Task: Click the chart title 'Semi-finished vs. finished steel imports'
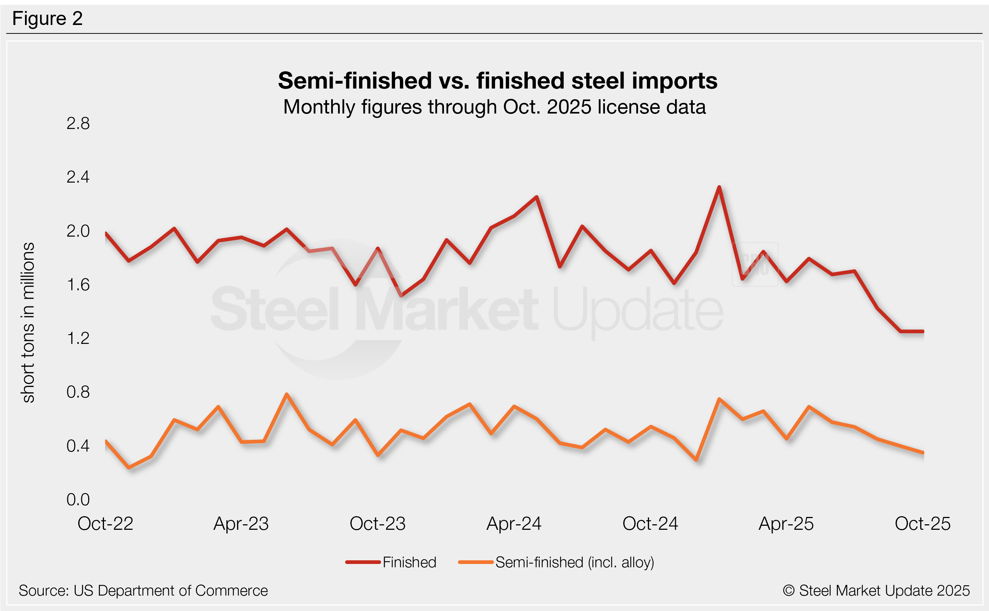498,80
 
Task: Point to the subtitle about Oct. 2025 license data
494,107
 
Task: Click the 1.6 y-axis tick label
78,285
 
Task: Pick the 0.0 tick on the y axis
78,499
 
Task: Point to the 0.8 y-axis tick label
78,392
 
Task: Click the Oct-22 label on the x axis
105,524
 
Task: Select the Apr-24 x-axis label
514,524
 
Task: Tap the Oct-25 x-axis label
922,524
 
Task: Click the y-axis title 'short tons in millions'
28,323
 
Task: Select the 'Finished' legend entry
409,562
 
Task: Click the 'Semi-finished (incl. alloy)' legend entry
574,562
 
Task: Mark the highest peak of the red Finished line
719,187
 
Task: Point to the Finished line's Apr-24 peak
536,197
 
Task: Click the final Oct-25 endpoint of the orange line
923,453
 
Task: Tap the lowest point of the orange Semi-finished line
129,468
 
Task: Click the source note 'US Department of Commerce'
143,590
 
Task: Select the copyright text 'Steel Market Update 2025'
876,590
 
